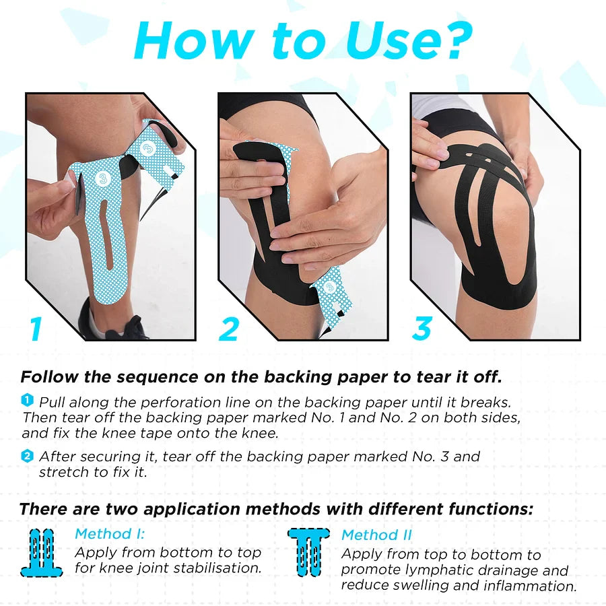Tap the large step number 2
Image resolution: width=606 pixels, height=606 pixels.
tap(229, 329)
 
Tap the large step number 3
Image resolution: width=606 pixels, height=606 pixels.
tap(422, 329)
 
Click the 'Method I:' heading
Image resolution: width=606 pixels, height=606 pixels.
tap(110, 534)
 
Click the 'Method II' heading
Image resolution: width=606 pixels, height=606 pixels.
tap(376, 536)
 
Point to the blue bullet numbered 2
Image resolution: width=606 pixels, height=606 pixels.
tap(27, 456)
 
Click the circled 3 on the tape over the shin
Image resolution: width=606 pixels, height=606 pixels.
tap(102, 178)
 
